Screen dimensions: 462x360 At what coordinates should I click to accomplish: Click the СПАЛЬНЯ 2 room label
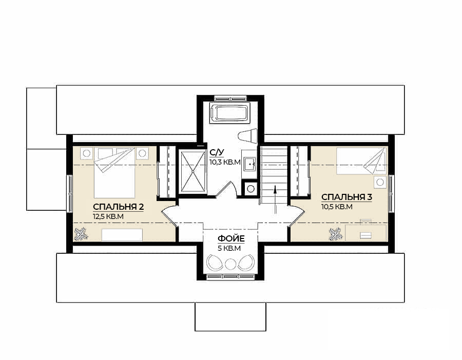118,207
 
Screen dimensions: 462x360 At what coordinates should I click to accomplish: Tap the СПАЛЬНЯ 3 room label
346,197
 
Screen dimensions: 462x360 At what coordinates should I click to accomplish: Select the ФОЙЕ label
231,238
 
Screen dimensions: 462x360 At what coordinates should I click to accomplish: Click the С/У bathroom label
217,152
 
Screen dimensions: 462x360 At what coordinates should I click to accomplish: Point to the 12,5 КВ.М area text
108,216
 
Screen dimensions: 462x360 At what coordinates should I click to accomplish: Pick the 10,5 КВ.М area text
337,207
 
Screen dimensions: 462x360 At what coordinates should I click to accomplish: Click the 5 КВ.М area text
229,248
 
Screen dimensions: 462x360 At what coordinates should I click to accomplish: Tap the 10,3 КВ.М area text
225,162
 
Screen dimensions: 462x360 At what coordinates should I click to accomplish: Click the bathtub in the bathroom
230,113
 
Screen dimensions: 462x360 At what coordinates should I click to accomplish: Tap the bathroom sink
249,163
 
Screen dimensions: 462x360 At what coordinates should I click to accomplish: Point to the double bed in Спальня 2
114,173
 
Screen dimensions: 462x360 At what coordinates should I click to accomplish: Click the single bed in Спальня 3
361,161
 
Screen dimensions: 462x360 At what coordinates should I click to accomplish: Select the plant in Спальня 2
81,234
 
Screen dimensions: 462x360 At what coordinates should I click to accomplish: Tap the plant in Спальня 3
336,234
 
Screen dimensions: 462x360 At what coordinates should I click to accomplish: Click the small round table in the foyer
230,263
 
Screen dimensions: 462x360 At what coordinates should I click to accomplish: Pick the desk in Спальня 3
365,233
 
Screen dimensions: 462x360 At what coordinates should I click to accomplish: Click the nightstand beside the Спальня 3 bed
380,182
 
